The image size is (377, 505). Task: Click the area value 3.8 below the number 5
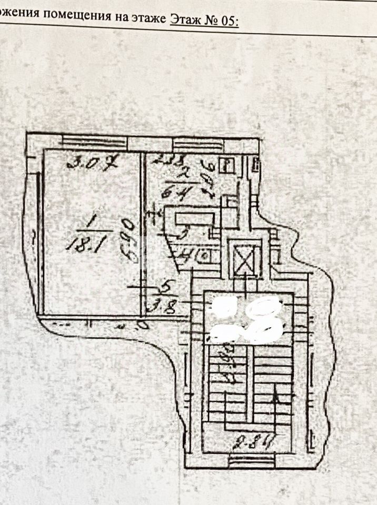pyautogui.click(x=166, y=306)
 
